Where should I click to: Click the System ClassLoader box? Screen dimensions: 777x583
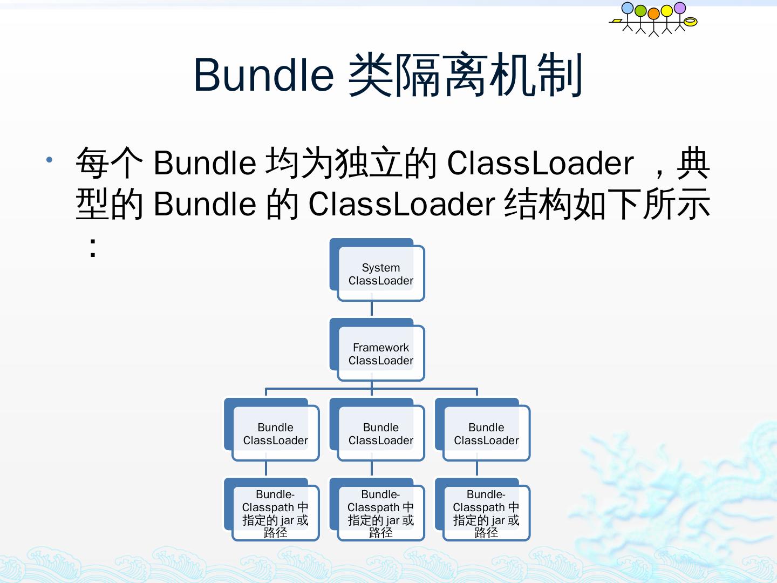[x=380, y=274]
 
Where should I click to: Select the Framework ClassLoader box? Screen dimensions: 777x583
[x=380, y=354]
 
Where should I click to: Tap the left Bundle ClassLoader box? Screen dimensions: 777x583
[x=275, y=433]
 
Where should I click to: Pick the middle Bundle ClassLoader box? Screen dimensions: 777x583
[x=380, y=433]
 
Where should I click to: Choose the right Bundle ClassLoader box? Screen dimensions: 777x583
[x=486, y=433]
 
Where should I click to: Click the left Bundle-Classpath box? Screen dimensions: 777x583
[x=275, y=513]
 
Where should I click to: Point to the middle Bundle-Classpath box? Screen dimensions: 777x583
[x=380, y=513]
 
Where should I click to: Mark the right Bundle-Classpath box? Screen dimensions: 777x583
[x=486, y=513]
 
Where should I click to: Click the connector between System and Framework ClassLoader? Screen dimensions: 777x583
[x=372, y=309]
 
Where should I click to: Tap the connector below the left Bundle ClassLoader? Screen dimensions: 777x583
[x=266, y=469]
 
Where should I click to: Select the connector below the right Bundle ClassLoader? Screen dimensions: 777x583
[x=477, y=469]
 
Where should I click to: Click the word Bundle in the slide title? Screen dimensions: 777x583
[x=263, y=74]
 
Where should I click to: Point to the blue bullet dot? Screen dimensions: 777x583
[x=50, y=160]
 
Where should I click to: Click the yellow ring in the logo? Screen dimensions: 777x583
[x=691, y=22]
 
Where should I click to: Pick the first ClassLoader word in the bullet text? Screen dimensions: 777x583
[x=540, y=163]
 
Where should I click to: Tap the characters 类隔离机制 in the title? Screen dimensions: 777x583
[x=465, y=74]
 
